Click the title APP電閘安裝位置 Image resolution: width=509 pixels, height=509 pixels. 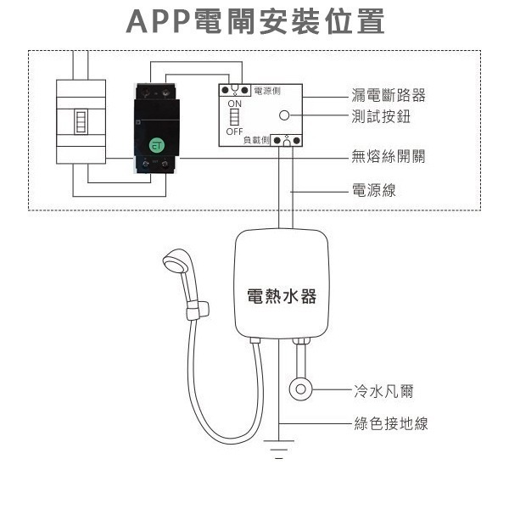point(255,23)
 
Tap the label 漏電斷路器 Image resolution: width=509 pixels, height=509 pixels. point(389,96)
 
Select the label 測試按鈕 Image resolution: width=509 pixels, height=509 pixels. point(381,117)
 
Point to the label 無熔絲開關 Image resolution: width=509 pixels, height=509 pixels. point(389,157)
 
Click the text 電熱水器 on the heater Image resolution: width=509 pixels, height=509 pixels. point(281,296)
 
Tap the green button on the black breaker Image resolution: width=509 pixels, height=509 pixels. point(156,145)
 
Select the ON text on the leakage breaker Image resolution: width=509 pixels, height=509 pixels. point(234,103)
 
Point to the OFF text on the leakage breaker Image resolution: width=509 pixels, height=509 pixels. point(234,131)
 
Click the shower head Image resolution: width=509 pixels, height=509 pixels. point(176,262)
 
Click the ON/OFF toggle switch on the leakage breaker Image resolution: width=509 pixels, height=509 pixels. point(234,117)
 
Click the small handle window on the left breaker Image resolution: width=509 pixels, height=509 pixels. point(81,121)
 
